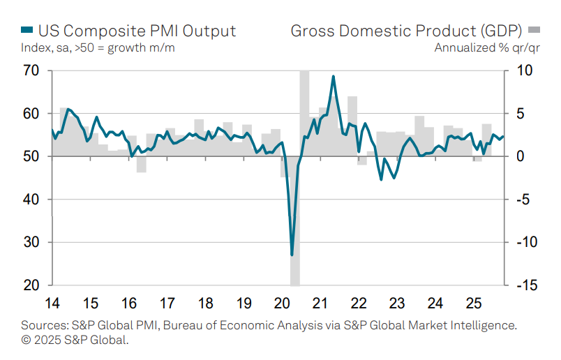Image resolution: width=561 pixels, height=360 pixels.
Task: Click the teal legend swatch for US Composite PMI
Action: tap(27, 31)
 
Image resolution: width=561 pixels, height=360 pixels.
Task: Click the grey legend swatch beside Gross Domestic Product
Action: tap(534, 31)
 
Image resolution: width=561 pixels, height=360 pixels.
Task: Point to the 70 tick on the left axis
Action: tap(30, 70)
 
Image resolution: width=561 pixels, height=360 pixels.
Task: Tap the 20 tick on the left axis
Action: tap(30, 285)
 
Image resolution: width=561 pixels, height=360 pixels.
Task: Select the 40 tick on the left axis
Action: tap(30, 200)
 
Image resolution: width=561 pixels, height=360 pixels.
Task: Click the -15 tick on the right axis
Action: tap(525, 285)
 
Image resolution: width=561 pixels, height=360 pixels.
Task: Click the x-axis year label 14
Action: tap(52, 304)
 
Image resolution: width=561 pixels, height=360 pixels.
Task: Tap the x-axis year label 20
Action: tap(283, 304)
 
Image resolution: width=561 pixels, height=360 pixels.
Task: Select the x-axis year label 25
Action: tap(473, 304)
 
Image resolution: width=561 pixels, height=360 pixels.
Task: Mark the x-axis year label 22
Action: tap(359, 304)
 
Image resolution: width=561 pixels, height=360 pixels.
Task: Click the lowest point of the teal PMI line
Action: tap(292, 255)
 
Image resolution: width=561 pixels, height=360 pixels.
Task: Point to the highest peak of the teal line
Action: tap(333, 76)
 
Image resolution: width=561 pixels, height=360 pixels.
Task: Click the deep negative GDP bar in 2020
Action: tap(295, 230)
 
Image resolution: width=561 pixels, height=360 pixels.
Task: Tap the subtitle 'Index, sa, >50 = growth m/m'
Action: tap(98, 47)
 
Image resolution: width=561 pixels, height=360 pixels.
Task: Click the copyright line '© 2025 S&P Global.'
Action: tap(75, 340)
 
